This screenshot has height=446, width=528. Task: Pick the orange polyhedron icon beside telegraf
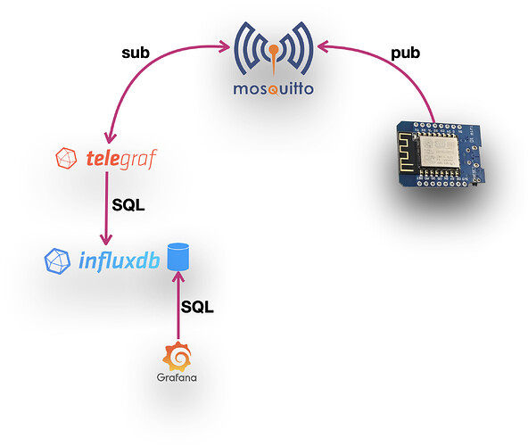(67, 161)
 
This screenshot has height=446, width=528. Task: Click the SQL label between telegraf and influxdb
(129, 204)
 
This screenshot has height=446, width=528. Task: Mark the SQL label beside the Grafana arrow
(198, 306)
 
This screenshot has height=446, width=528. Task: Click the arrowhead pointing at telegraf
(106, 139)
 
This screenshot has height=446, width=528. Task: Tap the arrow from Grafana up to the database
(179, 308)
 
